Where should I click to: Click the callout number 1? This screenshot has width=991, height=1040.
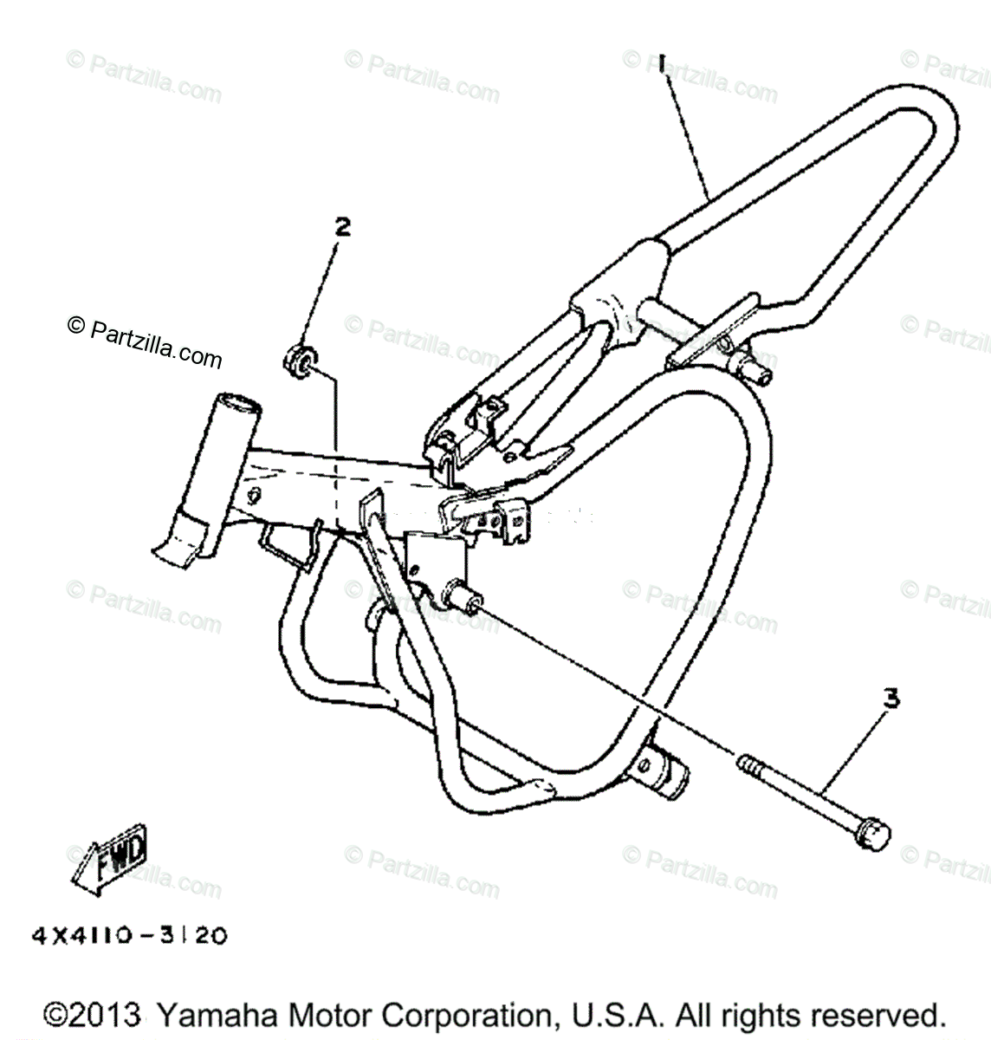tap(661, 67)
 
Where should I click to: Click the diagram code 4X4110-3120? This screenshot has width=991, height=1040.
tap(130, 937)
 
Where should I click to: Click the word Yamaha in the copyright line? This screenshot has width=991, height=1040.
tap(215, 1016)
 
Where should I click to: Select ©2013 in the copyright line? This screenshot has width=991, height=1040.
tap(94, 1016)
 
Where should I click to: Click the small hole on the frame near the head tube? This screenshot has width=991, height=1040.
tap(254, 497)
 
